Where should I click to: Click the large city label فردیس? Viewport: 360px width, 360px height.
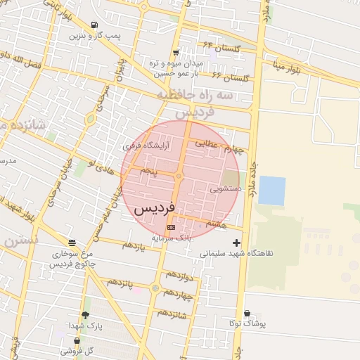pos(154,209)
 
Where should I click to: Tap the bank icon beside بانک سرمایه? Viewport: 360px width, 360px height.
pos(171,229)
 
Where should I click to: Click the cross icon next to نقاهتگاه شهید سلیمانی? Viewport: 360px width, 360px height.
pos(236,243)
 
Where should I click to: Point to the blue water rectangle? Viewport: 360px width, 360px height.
pos(271,191)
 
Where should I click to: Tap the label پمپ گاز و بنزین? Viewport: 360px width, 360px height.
pos(95,34)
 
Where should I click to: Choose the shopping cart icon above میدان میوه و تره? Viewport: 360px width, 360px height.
pos(175,53)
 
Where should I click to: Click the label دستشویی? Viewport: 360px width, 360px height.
pos(226,189)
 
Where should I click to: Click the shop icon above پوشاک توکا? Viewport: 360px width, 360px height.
pos(247,314)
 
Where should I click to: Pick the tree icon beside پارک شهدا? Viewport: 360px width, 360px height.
pos(86,316)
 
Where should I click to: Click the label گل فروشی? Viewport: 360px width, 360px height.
pos(76,349)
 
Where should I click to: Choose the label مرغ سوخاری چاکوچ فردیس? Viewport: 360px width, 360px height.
pos(73,258)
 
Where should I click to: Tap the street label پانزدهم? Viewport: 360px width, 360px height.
pos(120,283)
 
